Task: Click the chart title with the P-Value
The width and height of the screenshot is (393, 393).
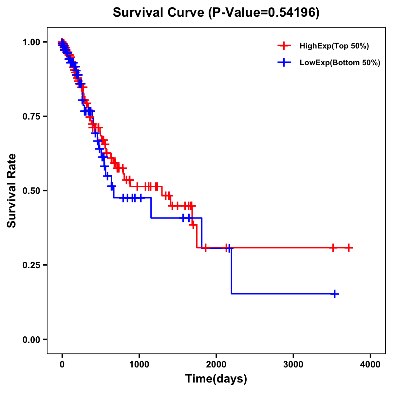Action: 216,12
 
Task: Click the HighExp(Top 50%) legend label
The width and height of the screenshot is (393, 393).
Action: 334,46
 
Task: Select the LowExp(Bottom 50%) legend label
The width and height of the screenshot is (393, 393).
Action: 340,63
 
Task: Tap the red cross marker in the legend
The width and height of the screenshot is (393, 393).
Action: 284,46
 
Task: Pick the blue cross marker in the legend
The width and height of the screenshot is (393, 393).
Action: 284,62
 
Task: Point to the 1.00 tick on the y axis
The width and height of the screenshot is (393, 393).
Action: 32,42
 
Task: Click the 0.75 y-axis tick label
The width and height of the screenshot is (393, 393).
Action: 32,117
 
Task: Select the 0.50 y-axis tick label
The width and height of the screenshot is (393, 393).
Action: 32,191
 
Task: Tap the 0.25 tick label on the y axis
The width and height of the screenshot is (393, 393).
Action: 32,265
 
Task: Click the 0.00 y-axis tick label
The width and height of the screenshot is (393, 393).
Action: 32,340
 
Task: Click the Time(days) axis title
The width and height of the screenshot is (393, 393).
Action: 216,379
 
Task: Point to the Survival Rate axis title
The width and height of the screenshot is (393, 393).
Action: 12,191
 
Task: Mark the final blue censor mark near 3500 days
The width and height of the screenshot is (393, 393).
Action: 335,294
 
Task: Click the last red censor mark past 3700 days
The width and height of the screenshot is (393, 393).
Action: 349,248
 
